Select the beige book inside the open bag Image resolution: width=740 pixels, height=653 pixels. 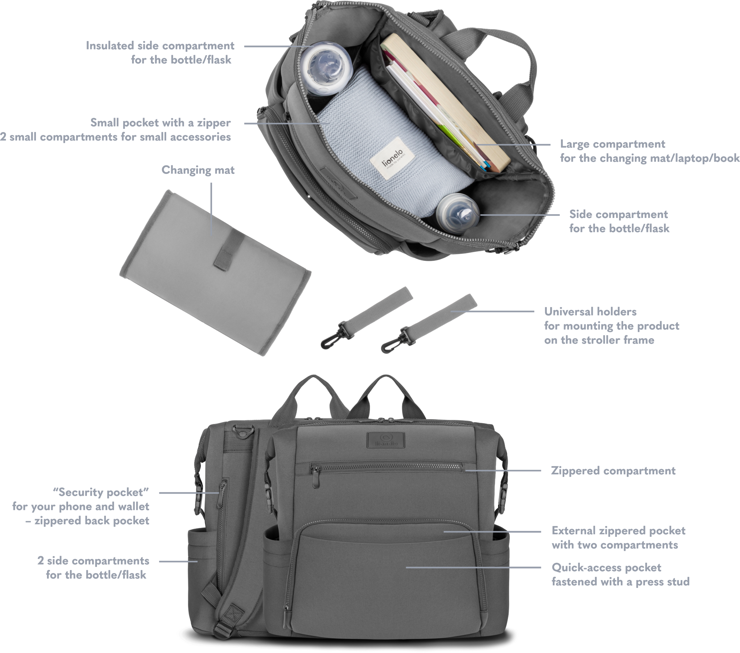point(446,102)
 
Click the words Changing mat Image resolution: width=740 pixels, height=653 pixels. point(198,170)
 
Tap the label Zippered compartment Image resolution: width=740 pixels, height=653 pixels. point(613,471)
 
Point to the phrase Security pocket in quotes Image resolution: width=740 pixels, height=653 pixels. point(101,492)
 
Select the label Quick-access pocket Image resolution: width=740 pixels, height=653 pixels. point(606,568)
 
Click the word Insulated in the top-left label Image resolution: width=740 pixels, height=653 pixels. point(110,46)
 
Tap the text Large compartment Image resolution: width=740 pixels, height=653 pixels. point(612,144)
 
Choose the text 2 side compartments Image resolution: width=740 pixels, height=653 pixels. point(93,561)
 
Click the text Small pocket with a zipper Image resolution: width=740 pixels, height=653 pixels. point(161,122)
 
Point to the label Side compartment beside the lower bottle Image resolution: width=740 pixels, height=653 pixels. point(619,214)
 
